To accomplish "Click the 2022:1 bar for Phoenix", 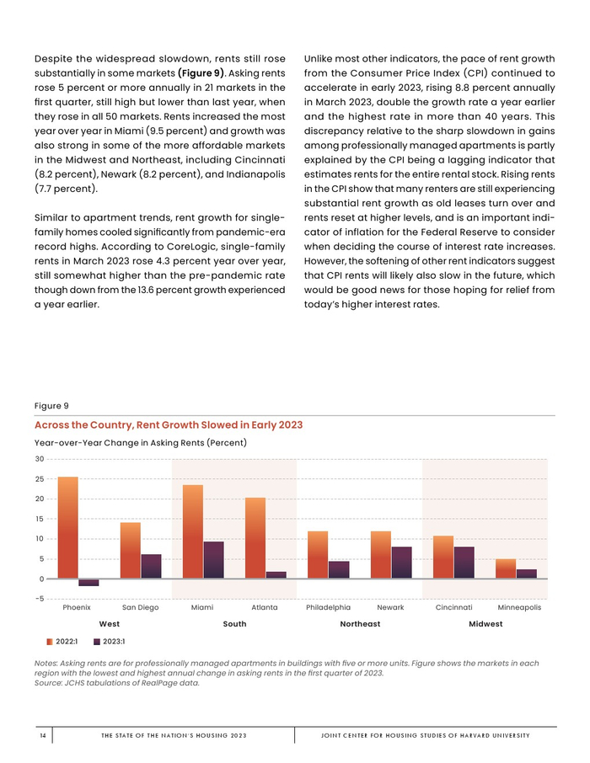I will coord(67,527).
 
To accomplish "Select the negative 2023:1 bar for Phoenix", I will coord(88,583).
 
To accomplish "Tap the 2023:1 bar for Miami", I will coord(214,560).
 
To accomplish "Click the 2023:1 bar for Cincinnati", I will coord(464,563).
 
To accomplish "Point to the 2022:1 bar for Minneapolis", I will coord(506,568).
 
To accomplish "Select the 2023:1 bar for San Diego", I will coord(151,566).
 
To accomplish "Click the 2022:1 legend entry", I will coord(62,642).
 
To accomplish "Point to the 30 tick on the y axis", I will coord(40,459).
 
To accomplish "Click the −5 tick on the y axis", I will coord(40,599).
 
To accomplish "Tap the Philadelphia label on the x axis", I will coord(329,607).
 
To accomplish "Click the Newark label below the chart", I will coord(390,607).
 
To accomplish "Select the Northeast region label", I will coord(360,624).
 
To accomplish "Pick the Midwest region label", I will coord(485,624).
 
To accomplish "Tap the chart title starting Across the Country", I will coord(169,425).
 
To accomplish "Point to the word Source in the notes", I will coord(50,683).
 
